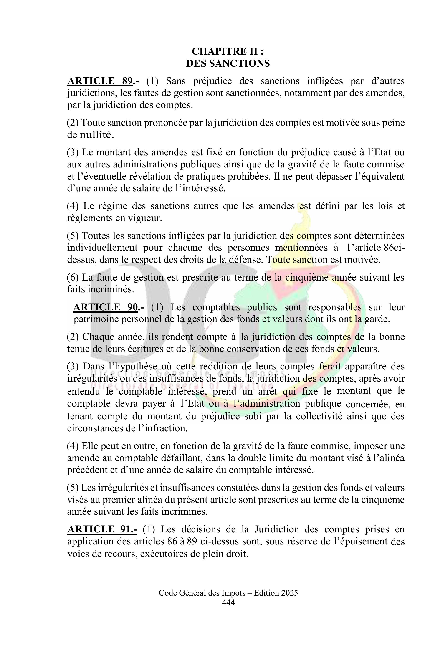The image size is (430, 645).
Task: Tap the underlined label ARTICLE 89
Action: click(100, 81)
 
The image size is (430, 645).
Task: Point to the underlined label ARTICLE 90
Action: click(105, 307)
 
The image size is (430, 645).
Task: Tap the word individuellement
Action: click(102, 248)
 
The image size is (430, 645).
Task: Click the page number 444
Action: click(228, 602)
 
